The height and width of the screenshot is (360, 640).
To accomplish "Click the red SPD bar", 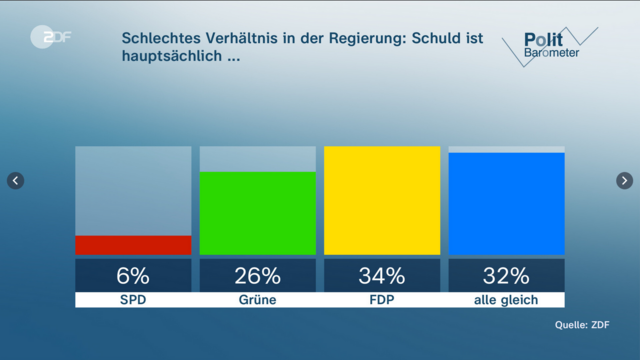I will tap(133, 245).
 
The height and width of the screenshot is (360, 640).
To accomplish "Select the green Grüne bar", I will tap(257, 213).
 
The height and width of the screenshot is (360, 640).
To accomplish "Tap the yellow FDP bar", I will tap(382, 200).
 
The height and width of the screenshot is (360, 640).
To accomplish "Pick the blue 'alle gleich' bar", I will tap(506, 204).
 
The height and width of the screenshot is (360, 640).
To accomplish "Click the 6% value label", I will tap(133, 275).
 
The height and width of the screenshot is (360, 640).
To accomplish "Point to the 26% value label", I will tap(257, 275).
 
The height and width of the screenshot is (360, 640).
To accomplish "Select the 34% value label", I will tap(382, 275).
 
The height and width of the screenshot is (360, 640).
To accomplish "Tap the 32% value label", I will tap(506, 275).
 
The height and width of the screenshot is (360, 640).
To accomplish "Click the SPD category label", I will tap(133, 300).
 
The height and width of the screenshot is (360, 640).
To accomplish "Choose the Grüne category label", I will tap(257, 300).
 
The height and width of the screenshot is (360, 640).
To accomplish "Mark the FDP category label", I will tap(382, 300).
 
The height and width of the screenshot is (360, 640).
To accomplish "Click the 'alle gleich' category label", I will tap(506, 300).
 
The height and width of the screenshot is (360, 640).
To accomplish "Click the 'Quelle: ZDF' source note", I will tap(582, 324).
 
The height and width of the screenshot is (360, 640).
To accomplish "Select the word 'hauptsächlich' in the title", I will tap(169, 57).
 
